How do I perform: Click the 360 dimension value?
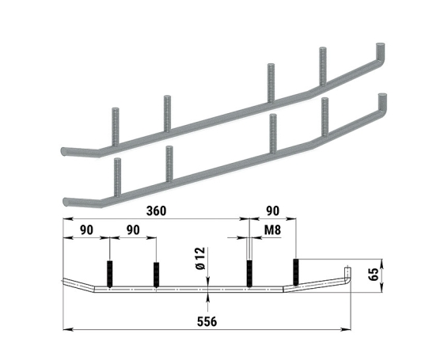(156, 210)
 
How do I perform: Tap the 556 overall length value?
(207, 322)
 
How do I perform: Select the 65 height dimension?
(374, 274)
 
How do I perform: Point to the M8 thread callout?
(272, 230)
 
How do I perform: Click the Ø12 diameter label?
(201, 259)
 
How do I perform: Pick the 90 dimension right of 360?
(273, 210)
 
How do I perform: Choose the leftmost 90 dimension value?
(86, 230)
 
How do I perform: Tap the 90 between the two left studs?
(133, 230)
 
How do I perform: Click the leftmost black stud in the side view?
(109, 274)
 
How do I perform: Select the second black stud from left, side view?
(156, 275)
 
